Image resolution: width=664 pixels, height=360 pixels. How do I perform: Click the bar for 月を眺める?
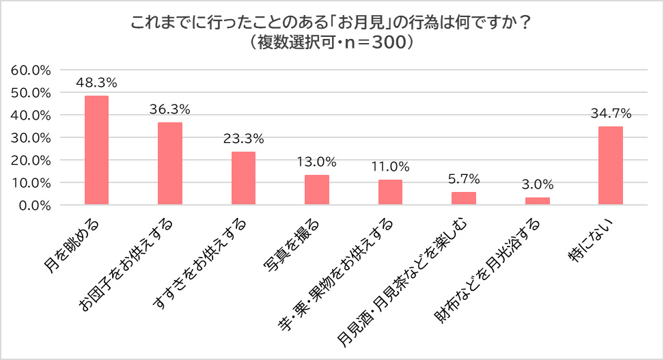(x=96, y=150)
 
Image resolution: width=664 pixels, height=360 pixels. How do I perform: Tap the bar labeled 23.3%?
(x=243, y=178)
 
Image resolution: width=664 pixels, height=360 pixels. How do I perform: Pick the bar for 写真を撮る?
(x=317, y=190)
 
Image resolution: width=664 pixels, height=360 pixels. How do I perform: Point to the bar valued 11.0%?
(x=390, y=192)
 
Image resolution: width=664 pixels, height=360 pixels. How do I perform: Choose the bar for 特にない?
(x=611, y=165)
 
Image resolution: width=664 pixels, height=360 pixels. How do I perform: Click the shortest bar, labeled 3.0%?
(x=537, y=201)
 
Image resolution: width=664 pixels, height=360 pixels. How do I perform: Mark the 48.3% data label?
(x=96, y=83)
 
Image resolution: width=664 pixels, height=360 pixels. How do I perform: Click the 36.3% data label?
(x=169, y=109)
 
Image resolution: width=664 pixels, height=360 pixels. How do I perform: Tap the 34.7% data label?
(x=611, y=113)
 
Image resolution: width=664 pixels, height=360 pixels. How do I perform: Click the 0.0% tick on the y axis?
(x=34, y=205)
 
